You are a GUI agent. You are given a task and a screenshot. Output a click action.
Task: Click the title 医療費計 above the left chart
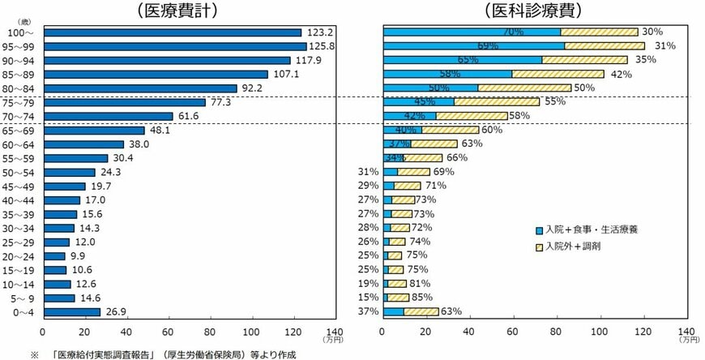tap(182, 11)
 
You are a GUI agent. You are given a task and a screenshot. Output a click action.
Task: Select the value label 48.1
tap(160, 131)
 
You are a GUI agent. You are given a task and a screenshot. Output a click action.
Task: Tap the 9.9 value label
tap(79, 255)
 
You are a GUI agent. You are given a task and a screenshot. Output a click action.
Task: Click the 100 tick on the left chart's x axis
tap(250, 332)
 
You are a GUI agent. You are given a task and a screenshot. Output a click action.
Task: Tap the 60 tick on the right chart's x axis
tap(512, 332)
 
